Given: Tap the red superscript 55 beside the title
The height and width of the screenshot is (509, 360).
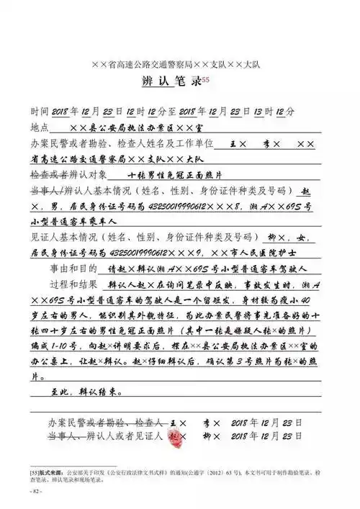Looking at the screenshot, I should tap(207, 79).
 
